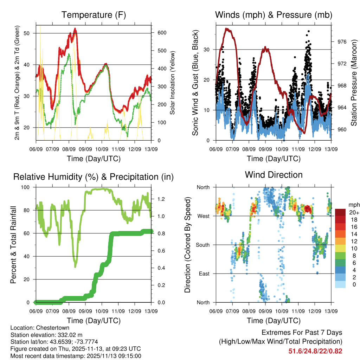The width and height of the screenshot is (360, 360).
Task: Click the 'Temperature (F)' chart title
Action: [x=94, y=15]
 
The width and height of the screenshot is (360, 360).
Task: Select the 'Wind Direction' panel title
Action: [x=274, y=175]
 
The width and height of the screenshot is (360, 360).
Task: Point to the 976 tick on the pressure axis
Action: [x=342, y=41]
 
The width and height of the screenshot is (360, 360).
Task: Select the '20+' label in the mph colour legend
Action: [x=353, y=212]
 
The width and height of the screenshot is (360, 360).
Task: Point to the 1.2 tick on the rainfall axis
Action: [x=161, y=199]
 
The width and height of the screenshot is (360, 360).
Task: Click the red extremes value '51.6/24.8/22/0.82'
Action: [x=315, y=351]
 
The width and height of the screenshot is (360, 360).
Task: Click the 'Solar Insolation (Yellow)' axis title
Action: [x=172, y=83]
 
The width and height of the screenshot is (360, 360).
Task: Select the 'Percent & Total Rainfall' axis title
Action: [x=13, y=245]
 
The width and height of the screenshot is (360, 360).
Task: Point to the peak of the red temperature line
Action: [x=75, y=29]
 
